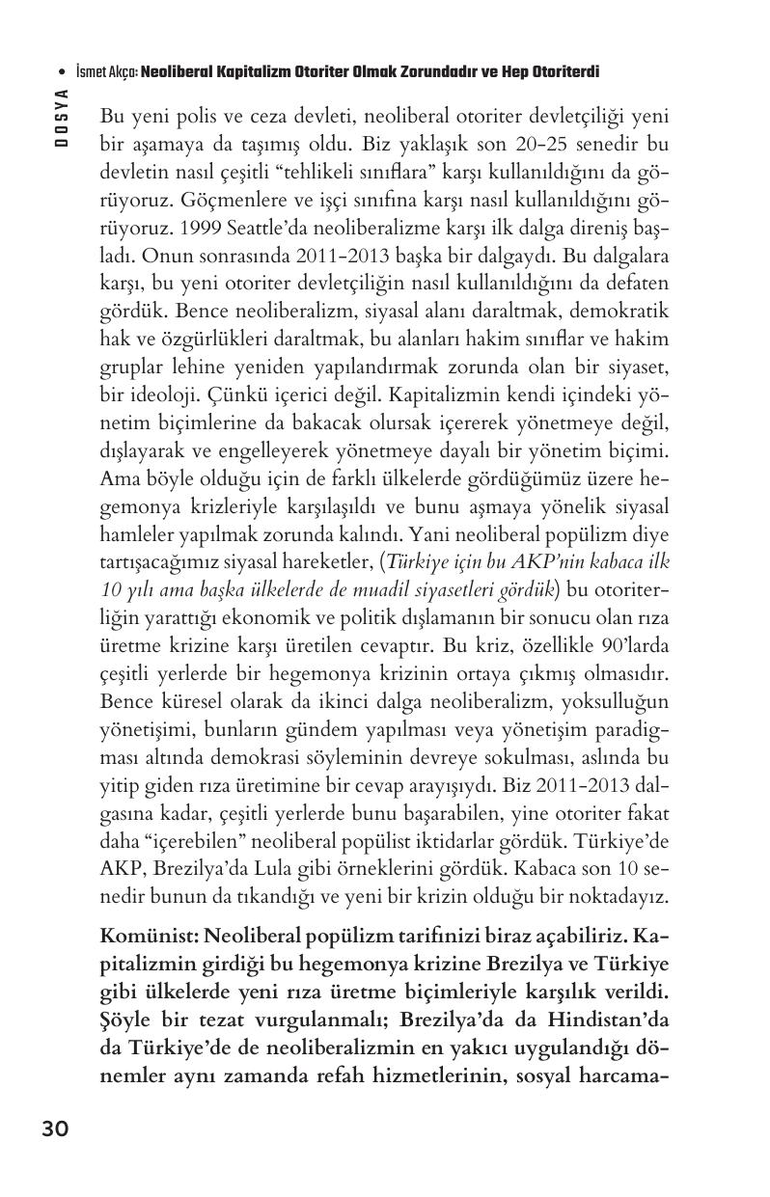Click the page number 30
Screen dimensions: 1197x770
tap(55, 1129)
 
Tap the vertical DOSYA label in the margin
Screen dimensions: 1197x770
tap(61, 117)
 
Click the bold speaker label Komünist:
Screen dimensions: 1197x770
tap(148, 939)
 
